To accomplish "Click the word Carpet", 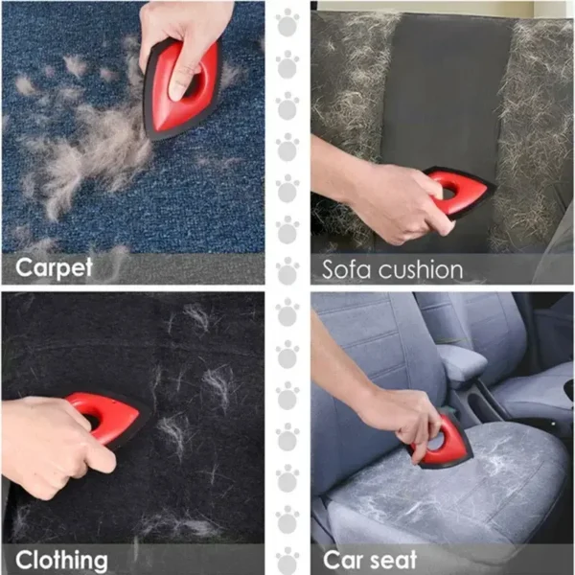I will tap(54, 266).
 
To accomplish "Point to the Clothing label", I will tap(61, 558).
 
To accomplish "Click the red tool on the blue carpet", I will tap(182, 91).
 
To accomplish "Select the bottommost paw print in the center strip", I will tap(287, 560).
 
